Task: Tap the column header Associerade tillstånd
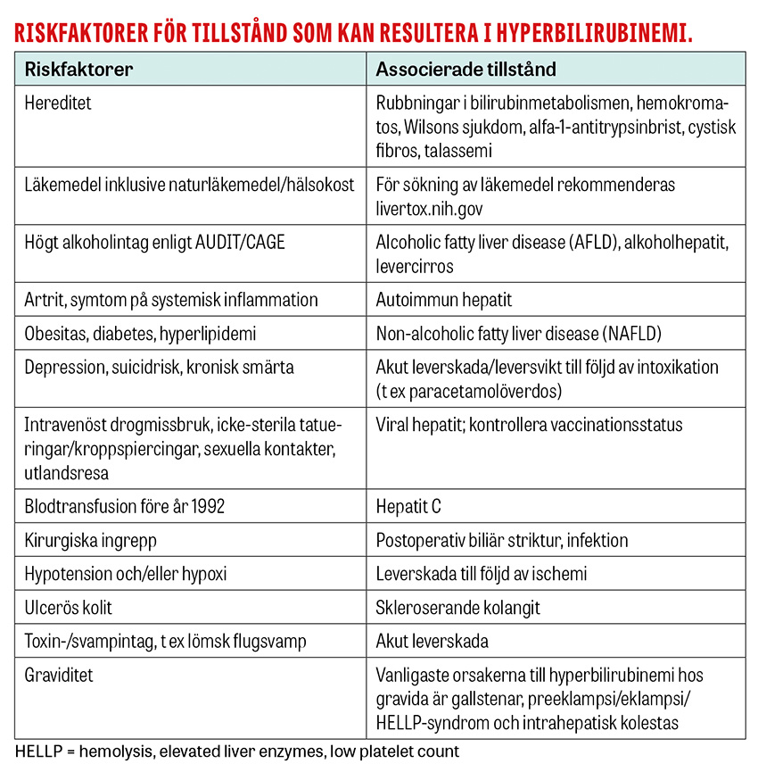click(466, 70)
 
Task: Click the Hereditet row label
click(58, 104)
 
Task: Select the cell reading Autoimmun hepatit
click(444, 300)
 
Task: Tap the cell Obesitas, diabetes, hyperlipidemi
click(141, 334)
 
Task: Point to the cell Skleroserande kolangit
click(457, 608)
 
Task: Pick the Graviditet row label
click(59, 676)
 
